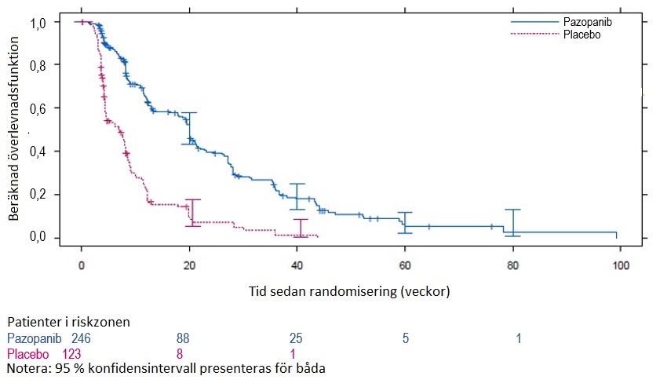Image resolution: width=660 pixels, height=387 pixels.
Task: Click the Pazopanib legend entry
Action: pos(587,23)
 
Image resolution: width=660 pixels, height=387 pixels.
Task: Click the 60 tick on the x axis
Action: pos(405,266)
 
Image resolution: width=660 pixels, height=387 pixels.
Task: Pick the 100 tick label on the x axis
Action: pos(621,266)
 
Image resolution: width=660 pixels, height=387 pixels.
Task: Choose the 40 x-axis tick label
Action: pos(297,266)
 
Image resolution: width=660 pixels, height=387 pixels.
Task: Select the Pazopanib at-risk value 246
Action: pos(82,338)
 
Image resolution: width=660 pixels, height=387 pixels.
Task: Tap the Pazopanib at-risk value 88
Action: pos(185,338)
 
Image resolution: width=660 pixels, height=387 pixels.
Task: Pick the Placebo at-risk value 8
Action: pos(180,353)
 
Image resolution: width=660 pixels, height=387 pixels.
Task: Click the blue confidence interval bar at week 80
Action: pos(512,222)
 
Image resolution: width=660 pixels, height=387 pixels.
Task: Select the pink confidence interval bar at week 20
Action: pos(193,213)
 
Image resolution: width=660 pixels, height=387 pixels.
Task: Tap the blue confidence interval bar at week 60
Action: pos(405,222)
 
